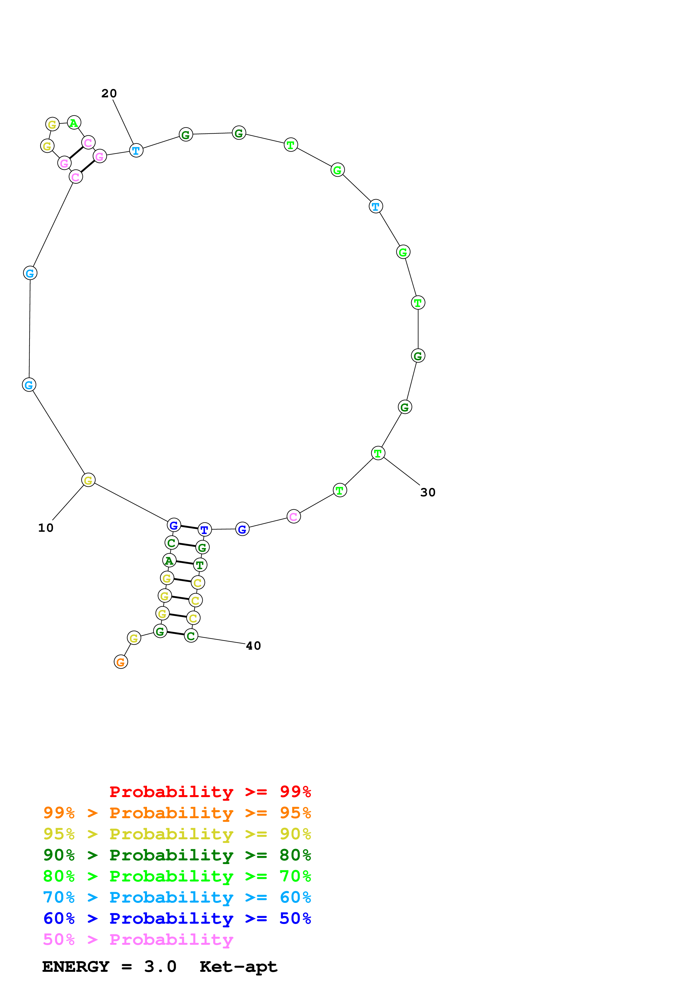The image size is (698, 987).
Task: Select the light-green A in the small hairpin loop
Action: [74, 123]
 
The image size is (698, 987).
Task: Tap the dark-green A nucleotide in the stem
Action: [169, 560]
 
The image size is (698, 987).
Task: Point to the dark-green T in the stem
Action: [200, 565]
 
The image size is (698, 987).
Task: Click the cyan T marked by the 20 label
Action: [136, 151]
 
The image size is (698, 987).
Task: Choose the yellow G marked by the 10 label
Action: [88, 480]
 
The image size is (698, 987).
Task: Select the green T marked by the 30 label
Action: [378, 453]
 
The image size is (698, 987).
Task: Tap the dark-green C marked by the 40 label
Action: [191, 636]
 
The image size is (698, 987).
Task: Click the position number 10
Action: [46, 528]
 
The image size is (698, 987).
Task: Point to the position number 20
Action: [109, 93]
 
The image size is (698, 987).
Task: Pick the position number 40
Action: [253, 646]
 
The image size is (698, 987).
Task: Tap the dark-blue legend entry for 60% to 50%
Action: [177, 918]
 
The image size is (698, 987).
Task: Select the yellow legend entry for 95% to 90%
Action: [177, 834]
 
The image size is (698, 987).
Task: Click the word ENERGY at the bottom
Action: [76, 966]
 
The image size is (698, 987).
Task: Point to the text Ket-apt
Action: [238, 966]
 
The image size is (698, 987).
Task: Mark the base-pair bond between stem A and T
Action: [184, 563]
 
